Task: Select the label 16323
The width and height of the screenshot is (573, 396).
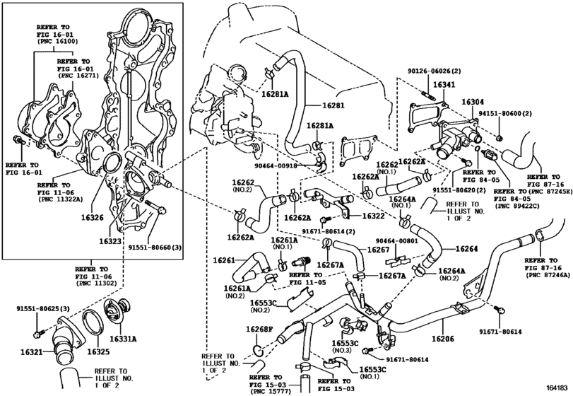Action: click(110, 241)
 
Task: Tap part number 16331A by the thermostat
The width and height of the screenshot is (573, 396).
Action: click(123, 339)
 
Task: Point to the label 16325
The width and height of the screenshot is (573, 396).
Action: click(98, 351)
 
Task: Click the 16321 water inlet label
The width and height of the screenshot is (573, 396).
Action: click(32, 352)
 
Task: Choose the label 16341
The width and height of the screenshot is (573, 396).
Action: click(444, 85)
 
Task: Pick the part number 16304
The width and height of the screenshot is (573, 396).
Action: click(473, 102)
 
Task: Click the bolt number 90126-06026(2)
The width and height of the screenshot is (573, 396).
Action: click(434, 71)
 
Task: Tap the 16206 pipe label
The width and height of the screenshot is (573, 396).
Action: click(443, 339)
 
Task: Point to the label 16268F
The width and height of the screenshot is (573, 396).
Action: click(259, 329)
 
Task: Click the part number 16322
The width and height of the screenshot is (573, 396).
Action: click(374, 216)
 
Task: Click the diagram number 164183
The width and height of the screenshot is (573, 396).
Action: click(558, 388)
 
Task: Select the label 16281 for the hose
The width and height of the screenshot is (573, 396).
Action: click(333, 105)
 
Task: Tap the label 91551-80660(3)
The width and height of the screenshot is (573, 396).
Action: click(155, 248)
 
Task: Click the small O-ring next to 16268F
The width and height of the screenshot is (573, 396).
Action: click(258, 350)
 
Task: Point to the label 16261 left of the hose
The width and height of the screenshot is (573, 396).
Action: click(224, 260)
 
